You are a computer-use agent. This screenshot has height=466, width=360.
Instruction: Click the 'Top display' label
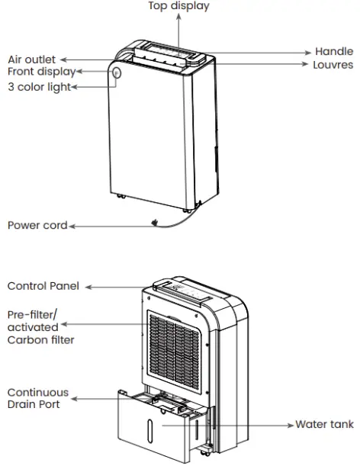click(x=178, y=7)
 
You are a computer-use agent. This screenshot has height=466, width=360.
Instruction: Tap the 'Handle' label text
click(x=334, y=52)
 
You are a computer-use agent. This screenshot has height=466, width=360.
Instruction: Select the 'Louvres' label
click(x=333, y=66)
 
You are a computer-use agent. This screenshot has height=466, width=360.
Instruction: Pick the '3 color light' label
click(x=39, y=87)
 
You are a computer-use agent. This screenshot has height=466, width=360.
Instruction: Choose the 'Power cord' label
click(x=37, y=225)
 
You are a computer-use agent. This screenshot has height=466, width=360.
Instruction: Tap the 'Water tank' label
click(x=324, y=424)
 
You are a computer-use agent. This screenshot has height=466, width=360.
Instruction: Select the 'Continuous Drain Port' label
click(x=38, y=398)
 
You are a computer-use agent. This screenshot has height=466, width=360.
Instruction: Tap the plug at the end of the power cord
click(x=155, y=223)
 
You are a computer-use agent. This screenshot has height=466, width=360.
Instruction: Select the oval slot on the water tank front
click(x=151, y=427)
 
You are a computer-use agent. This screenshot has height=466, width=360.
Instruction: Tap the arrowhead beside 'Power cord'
click(x=71, y=226)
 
